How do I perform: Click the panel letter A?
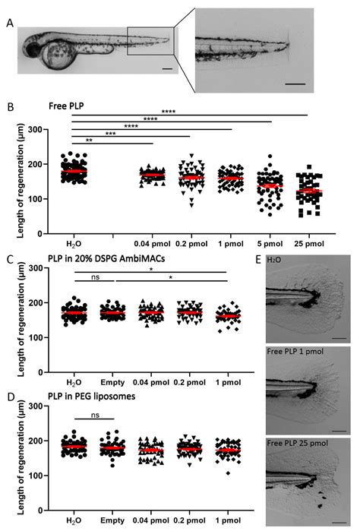[8, 22]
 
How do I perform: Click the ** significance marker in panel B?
[90, 141]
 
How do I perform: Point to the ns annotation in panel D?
[93, 411]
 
